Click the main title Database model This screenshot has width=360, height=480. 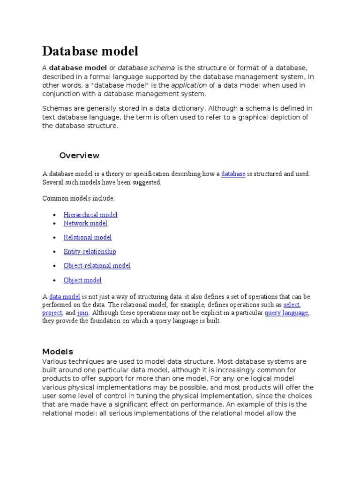[x=90, y=51]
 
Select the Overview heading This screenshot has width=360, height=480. [x=79, y=155]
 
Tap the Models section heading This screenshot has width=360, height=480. [x=58, y=352]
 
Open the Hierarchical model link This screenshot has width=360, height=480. [x=90, y=215]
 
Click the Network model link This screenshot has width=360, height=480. [x=85, y=223]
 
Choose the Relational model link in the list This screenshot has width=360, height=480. [x=88, y=238]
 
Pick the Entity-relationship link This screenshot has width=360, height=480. [x=90, y=252]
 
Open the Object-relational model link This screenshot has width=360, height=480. [x=97, y=266]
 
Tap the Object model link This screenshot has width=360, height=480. [x=82, y=280]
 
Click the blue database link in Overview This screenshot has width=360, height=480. [x=233, y=174]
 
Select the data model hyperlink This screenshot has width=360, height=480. [x=65, y=297]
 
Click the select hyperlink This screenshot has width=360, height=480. [x=291, y=305]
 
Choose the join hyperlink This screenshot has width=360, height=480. [x=83, y=313]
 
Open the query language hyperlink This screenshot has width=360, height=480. [x=286, y=313]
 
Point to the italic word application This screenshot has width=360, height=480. [x=189, y=85]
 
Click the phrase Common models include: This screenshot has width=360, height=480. [x=78, y=199]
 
